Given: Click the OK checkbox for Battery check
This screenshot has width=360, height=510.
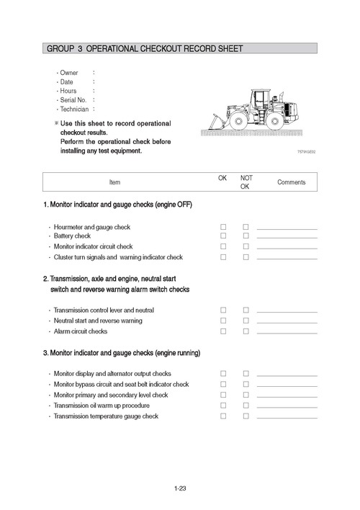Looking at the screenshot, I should tap(223, 236).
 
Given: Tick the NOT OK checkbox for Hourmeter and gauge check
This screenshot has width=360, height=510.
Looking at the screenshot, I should tap(246, 227).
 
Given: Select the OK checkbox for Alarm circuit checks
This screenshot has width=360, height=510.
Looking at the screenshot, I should tap(223, 331).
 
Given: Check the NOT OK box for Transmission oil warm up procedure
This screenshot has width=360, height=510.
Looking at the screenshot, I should tap(246, 406).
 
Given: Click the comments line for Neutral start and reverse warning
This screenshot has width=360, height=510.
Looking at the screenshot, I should tap(287, 322).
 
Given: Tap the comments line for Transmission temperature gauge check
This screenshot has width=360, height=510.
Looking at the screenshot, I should tap(287, 418).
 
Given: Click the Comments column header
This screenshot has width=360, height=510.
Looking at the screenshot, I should tap(292, 182).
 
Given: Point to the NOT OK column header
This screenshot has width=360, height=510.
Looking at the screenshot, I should tap(246, 182).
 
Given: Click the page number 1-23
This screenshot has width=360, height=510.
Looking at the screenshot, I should tap(180, 489).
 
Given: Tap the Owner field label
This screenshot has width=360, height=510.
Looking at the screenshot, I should tap(69, 73).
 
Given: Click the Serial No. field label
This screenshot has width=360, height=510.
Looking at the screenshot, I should tap(73, 100).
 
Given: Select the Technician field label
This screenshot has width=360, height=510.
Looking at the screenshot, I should tap(73, 109).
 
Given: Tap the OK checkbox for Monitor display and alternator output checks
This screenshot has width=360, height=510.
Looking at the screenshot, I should tap(223, 374).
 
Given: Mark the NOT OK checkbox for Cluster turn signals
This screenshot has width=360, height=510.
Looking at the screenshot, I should tap(246, 257).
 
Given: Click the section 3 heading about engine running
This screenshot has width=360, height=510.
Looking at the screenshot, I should tap(121, 353).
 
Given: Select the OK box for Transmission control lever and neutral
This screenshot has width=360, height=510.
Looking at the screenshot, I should tap(223, 310).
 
